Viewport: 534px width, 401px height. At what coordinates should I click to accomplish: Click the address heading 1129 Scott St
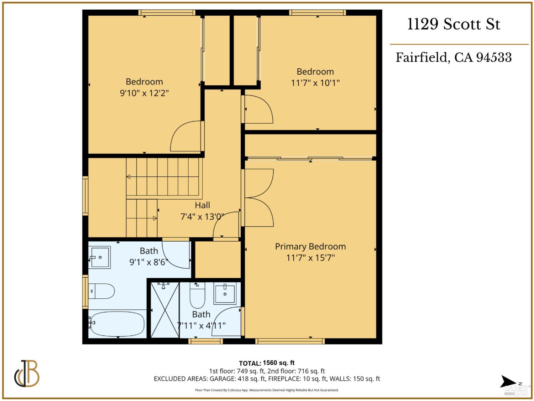coord(454,24)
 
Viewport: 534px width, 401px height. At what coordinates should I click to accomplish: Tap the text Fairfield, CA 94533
coord(454,57)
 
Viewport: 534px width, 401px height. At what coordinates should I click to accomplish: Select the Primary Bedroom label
coord(310,246)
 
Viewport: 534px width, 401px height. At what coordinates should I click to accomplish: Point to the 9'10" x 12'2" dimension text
coord(144,93)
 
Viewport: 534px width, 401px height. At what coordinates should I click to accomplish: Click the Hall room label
coord(202,205)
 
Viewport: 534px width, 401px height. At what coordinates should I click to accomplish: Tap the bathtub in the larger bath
coord(117,324)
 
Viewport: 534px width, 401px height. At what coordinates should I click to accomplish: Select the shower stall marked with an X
coord(164,309)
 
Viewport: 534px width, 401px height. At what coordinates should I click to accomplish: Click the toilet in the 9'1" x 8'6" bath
coord(101,291)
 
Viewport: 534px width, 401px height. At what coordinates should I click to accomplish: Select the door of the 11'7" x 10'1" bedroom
coord(258,109)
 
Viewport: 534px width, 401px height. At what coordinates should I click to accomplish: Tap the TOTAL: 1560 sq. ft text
coord(267,363)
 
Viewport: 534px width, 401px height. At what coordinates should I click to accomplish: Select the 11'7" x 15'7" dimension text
coord(310,257)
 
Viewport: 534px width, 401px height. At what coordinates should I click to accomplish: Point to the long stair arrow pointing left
coord(162,177)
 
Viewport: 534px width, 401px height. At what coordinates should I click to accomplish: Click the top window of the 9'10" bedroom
coord(167,13)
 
